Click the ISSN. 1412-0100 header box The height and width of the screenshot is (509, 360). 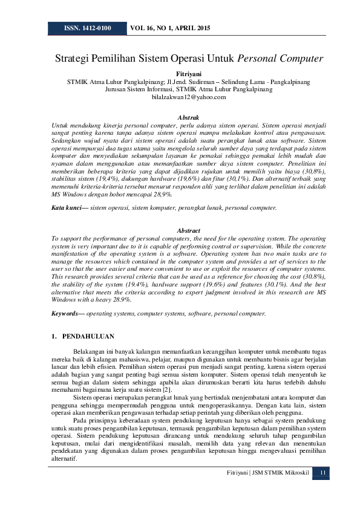[x=87, y=28]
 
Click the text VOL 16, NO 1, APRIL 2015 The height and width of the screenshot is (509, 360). [x=171, y=28]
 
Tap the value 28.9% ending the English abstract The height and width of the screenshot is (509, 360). [x=123, y=299]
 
